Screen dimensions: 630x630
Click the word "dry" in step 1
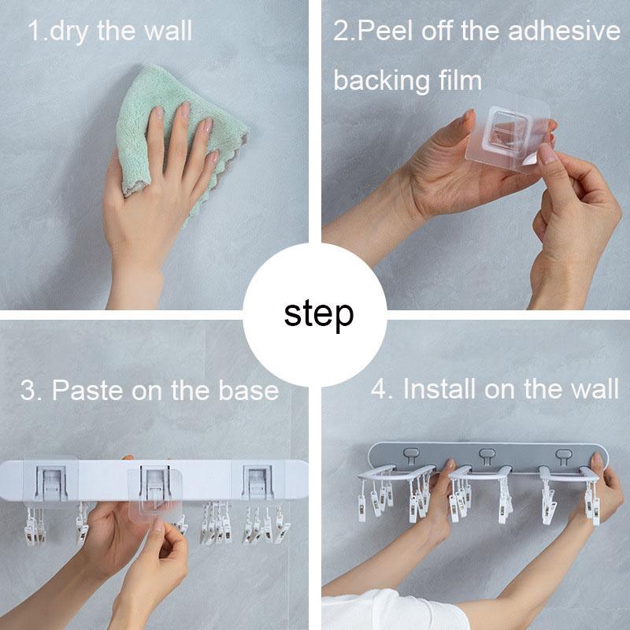(x=69, y=32)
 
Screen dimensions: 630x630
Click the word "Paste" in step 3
(x=87, y=391)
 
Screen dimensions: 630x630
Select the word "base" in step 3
(x=248, y=391)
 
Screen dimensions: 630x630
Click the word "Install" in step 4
(x=440, y=389)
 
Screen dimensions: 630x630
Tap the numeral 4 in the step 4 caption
(x=378, y=389)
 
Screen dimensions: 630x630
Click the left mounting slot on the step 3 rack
(x=51, y=483)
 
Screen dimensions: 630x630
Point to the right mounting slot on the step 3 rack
(x=258, y=482)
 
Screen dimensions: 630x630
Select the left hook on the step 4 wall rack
(x=411, y=455)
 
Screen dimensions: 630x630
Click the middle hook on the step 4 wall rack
(x=487, y=456)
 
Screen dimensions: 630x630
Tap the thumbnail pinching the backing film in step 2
(x=546, y=153)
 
